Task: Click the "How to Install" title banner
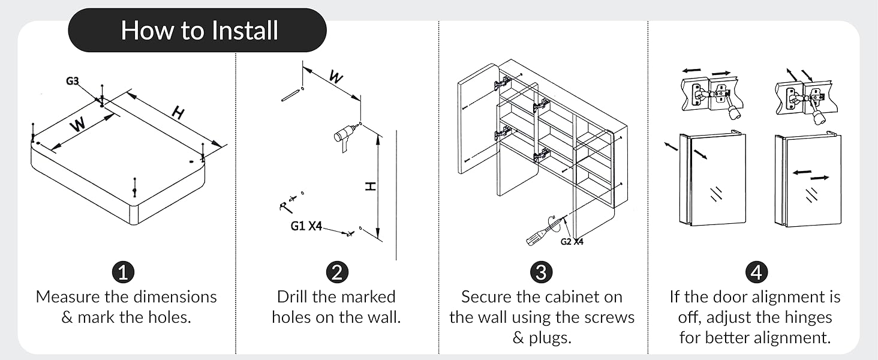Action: pyautogui.click(x=198, y=30)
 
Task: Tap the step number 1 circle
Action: pyautogui.click(x=124, y=272)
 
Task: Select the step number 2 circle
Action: pyautogui.click(x=336, y=272)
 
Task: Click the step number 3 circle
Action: pyautogui.click(x=541, y=272)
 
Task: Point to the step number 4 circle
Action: pyautogui.click(x=756, y=272)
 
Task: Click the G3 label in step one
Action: pyautogui.click(x=73, y=82)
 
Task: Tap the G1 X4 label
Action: pyautogui.click(x=306, y=226)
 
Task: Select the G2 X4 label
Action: pyautogui.click(x=572, y=242)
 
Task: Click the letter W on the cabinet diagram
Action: pyautogui.click(x=78, y=125)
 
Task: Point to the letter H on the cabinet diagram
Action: pyautogui.click(x=178, y=112)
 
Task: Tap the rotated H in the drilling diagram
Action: pyautogui.click(x=371, y=187)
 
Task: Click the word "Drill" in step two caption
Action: pyautogui.click(x=294, y=297)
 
